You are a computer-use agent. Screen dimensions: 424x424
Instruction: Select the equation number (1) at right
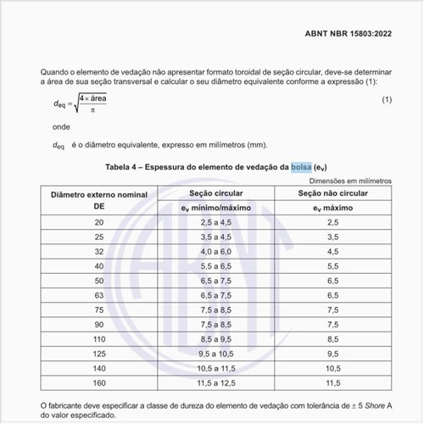(x=387, y=101)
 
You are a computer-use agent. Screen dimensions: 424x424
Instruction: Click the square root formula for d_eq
(x=86, y=103)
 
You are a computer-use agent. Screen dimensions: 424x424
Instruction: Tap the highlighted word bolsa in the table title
(x=301, y=167)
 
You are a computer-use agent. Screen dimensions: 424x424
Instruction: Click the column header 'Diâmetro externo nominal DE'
(x=99, y=201)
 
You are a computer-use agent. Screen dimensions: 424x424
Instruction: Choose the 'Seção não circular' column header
(x=332, y=195)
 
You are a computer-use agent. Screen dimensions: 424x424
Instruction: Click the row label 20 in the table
(x=99, y=222)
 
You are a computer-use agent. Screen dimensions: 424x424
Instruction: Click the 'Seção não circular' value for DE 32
(x=332, y=251)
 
